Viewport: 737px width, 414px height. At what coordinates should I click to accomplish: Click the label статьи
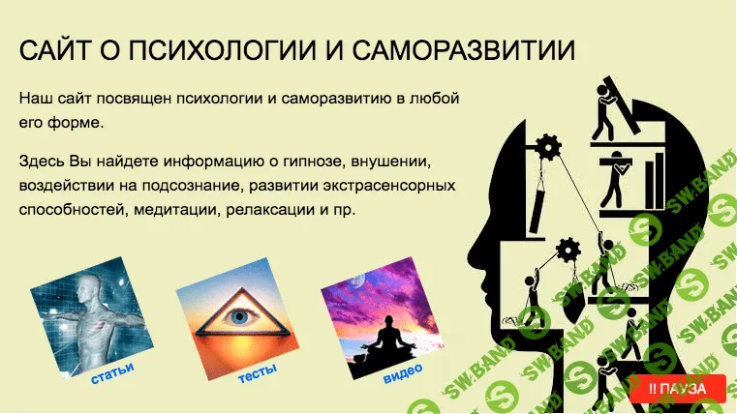pyautogui.click(x=111, y=371)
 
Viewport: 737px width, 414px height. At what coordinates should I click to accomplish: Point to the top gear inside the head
pyautogui.click(x=547, y=147)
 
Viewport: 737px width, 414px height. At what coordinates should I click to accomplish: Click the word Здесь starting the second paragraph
pyautogui.click(x=41, y=158)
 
